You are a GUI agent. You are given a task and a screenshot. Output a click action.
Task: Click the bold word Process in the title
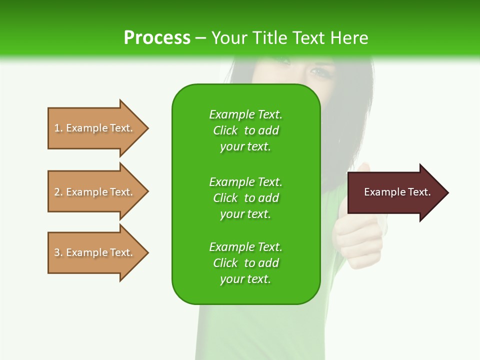point(157,38)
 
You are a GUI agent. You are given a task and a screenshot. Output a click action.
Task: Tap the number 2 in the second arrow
point(57,192)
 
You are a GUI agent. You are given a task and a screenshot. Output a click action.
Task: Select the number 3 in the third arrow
point(57,252)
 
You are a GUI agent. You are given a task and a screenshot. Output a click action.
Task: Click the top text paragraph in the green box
point(245,130)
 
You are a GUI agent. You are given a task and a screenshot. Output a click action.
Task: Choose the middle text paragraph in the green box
point(245,197)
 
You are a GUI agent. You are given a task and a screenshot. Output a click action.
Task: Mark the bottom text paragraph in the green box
point(245,263)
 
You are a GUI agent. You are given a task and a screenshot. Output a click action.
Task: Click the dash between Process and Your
point(200,38)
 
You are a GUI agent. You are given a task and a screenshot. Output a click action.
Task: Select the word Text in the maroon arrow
point(419,192)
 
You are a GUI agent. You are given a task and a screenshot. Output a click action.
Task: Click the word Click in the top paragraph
point(225,130)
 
